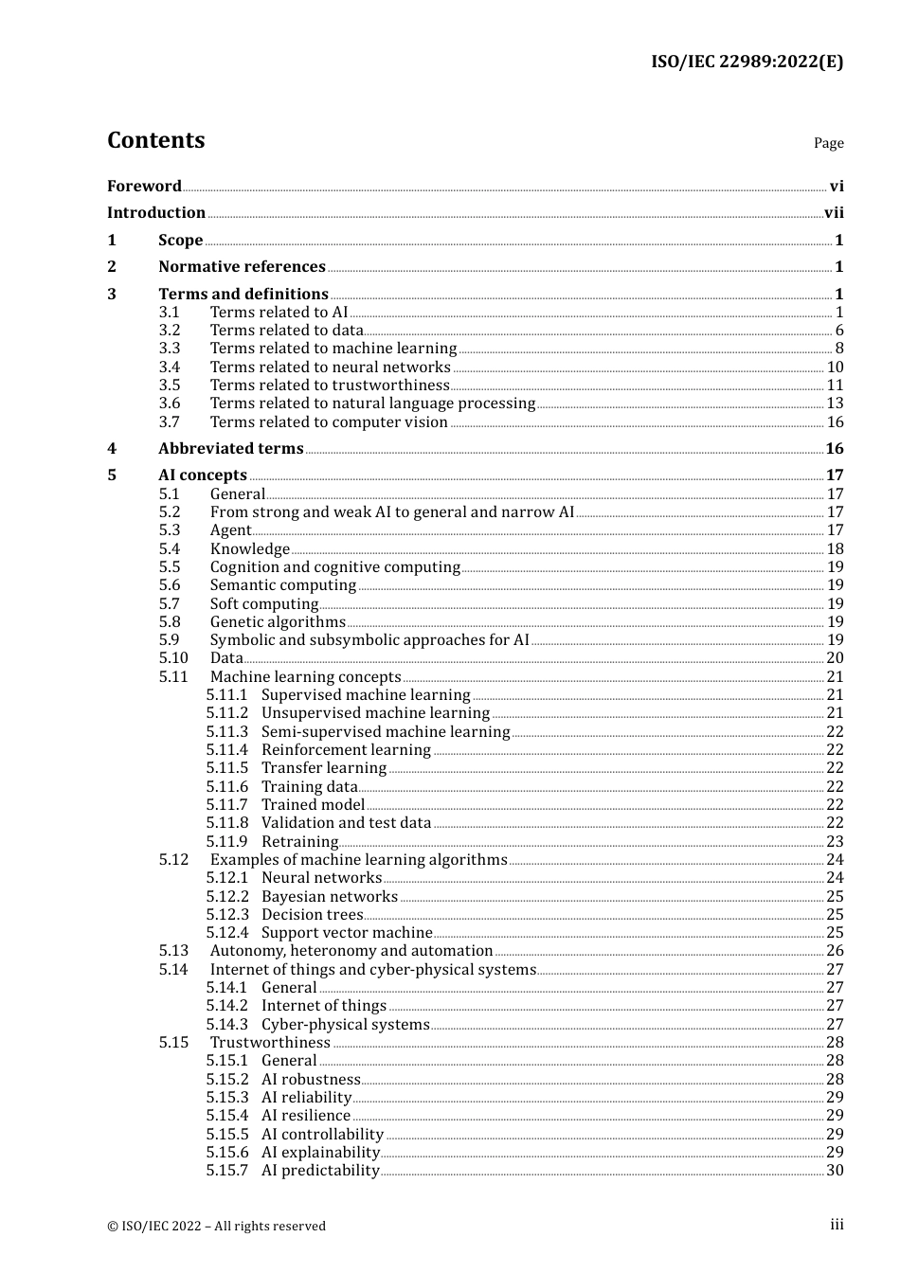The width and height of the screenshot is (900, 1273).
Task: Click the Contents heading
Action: pyautogui.click(x=155, y=140)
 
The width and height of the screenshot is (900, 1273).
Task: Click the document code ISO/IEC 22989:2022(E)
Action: pyautogui.click(x=747, y=62)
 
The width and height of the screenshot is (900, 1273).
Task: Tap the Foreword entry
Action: pyautogui.click(x=144, y=187)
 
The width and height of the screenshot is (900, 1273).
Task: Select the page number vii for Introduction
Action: pyautogui.click(x=834, y=213)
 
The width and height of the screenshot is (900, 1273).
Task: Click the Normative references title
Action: pyautogui.click(x=242, y=267)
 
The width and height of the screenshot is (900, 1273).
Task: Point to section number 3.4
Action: pyautogui.click(x=170, y=368)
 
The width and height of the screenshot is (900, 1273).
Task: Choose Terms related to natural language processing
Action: pyautogui.click(x=372, y=403)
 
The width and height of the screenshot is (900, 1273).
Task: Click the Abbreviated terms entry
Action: pyautogui.click(x=230, y=449)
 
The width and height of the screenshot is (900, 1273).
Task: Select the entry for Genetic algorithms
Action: pyautogui.click(x=278, y=622)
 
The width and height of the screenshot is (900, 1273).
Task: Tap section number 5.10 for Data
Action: pyautogui.click(x=173, y=658)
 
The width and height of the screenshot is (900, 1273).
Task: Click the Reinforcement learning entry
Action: pyautogui.click(x=346, y=750)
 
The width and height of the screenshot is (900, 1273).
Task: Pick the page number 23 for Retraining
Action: pyautogui.click(x=835, y=842)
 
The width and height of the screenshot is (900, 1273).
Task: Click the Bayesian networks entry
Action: pyautogui.click(x=330, y=897)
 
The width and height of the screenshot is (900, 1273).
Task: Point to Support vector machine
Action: pyautogui.click(x=347, y=933)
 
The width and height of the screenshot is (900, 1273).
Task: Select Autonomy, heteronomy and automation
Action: pyautogui.click(x=351, y=951)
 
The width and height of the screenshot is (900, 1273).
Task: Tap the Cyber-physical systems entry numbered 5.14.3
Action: pyautogui.click(x=345, y=1025)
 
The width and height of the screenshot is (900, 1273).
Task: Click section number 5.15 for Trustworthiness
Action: pyautogui.click(x=173, y=1043)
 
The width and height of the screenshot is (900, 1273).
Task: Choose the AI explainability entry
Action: pyautogui.click(x=320, y=1153)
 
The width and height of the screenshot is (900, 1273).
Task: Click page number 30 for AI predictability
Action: pyautogui.click(x=835, y=1171)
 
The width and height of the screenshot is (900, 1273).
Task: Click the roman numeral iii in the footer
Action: pyautogui.click(x=837, y=1225)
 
